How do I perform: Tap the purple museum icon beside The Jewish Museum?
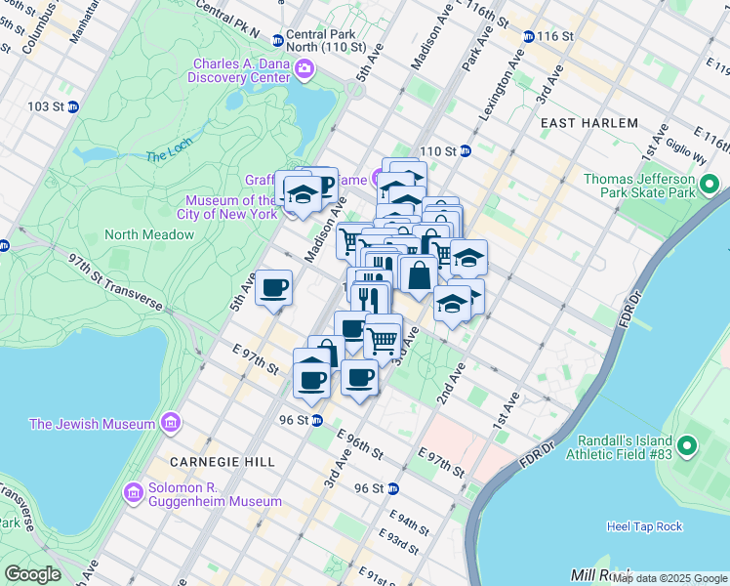(171, 423)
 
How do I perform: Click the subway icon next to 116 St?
(528, 36)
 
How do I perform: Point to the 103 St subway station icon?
(72, 105)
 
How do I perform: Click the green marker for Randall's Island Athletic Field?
(686, 447)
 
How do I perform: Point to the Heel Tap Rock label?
(644, 525)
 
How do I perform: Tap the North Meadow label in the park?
(149, 234)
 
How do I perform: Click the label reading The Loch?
(164, 156)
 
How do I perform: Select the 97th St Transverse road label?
(115, 280)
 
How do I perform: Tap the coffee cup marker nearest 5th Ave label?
(273, 288)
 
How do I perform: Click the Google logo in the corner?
(32, 573)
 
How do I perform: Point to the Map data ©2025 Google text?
(669, 578)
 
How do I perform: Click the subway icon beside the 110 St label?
(466, 151)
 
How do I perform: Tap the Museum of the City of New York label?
(226, 206)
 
